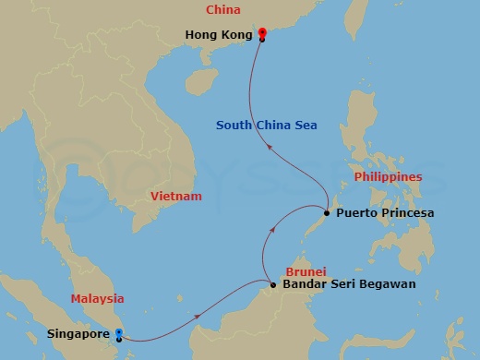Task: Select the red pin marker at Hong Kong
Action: point(262,32)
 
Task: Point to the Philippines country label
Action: point(389,176)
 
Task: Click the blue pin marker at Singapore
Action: point(119,332)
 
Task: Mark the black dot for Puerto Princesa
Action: point(326,213)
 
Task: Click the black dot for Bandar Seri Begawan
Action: point(273,284)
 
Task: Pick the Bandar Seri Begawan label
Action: point(349,284)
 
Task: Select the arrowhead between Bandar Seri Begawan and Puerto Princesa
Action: point(274,223)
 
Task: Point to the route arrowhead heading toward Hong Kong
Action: point(269,145)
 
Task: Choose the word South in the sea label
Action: point(233,126)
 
